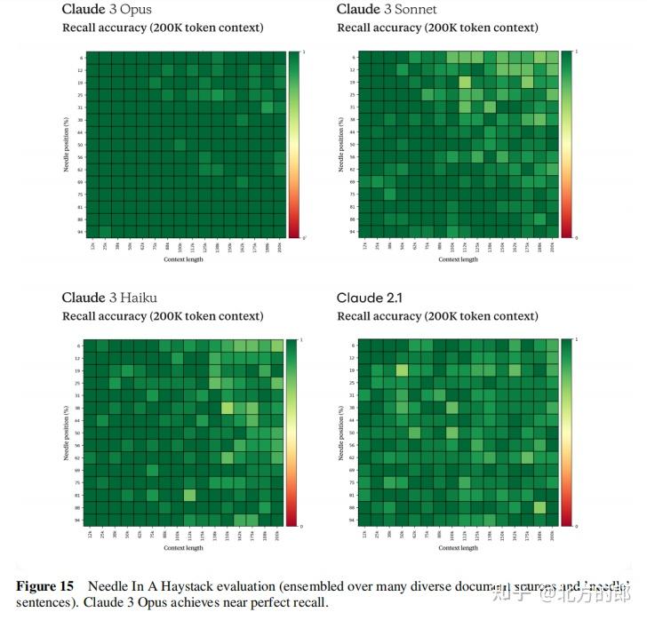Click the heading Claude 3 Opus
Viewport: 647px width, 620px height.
106,10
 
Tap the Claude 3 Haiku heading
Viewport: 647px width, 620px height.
106,298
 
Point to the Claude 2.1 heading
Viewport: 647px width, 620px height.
369,298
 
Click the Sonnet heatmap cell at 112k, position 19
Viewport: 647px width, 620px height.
465,82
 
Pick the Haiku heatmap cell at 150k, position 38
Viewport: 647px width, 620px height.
228,407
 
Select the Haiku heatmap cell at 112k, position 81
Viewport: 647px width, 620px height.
189,495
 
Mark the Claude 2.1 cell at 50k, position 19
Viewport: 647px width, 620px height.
403,370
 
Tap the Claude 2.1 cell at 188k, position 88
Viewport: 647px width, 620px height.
540,507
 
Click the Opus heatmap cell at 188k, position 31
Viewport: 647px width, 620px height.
267,107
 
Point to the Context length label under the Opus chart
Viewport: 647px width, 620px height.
183,259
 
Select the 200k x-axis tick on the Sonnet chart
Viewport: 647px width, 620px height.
552,245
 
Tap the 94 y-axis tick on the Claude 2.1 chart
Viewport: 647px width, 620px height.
354,520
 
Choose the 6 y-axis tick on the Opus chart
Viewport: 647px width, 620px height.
81,57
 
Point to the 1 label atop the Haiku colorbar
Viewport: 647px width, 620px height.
302,340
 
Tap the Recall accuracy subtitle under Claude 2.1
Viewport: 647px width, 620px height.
437,316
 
